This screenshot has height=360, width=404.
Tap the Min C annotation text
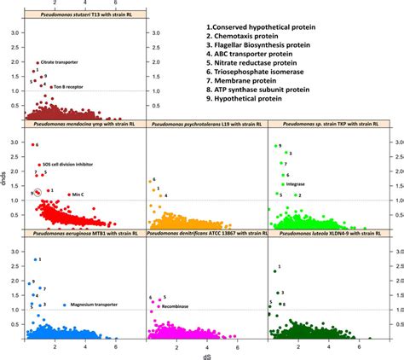pyautogui.click(x=78, y=195)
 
